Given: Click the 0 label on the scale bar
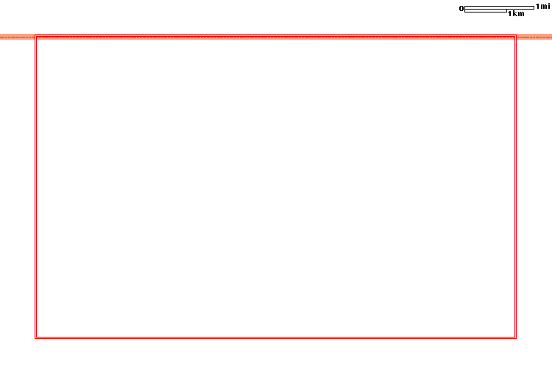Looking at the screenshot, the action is click(461, 8).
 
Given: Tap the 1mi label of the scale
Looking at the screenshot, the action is click(542, 7).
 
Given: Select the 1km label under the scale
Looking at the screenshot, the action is click(516, 14).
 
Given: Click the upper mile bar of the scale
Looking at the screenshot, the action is click(499, 7).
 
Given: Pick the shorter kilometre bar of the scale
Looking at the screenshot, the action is click(486, 11).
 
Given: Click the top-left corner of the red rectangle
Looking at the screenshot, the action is click(35, 35).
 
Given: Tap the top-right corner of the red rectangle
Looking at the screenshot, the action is click(516, 35).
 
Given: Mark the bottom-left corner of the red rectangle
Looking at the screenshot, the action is click(35, 337).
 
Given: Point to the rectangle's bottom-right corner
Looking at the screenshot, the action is click(516, 337).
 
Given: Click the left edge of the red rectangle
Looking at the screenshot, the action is click(35, 187).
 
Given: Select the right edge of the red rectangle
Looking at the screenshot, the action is click(516, 187).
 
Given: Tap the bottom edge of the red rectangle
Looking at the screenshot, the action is click(276, 337).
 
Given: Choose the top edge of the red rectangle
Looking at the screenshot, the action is click(276, 35).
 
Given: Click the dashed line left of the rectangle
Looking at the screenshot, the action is click(17, 37).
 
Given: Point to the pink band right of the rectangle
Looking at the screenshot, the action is click(534, 37).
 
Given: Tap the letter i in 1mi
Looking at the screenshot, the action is click(548, 7).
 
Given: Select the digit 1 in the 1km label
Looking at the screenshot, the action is click(509, 14).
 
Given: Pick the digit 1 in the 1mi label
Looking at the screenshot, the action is click(537, 7).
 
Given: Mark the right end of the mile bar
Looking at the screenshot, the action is click(534, 7).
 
